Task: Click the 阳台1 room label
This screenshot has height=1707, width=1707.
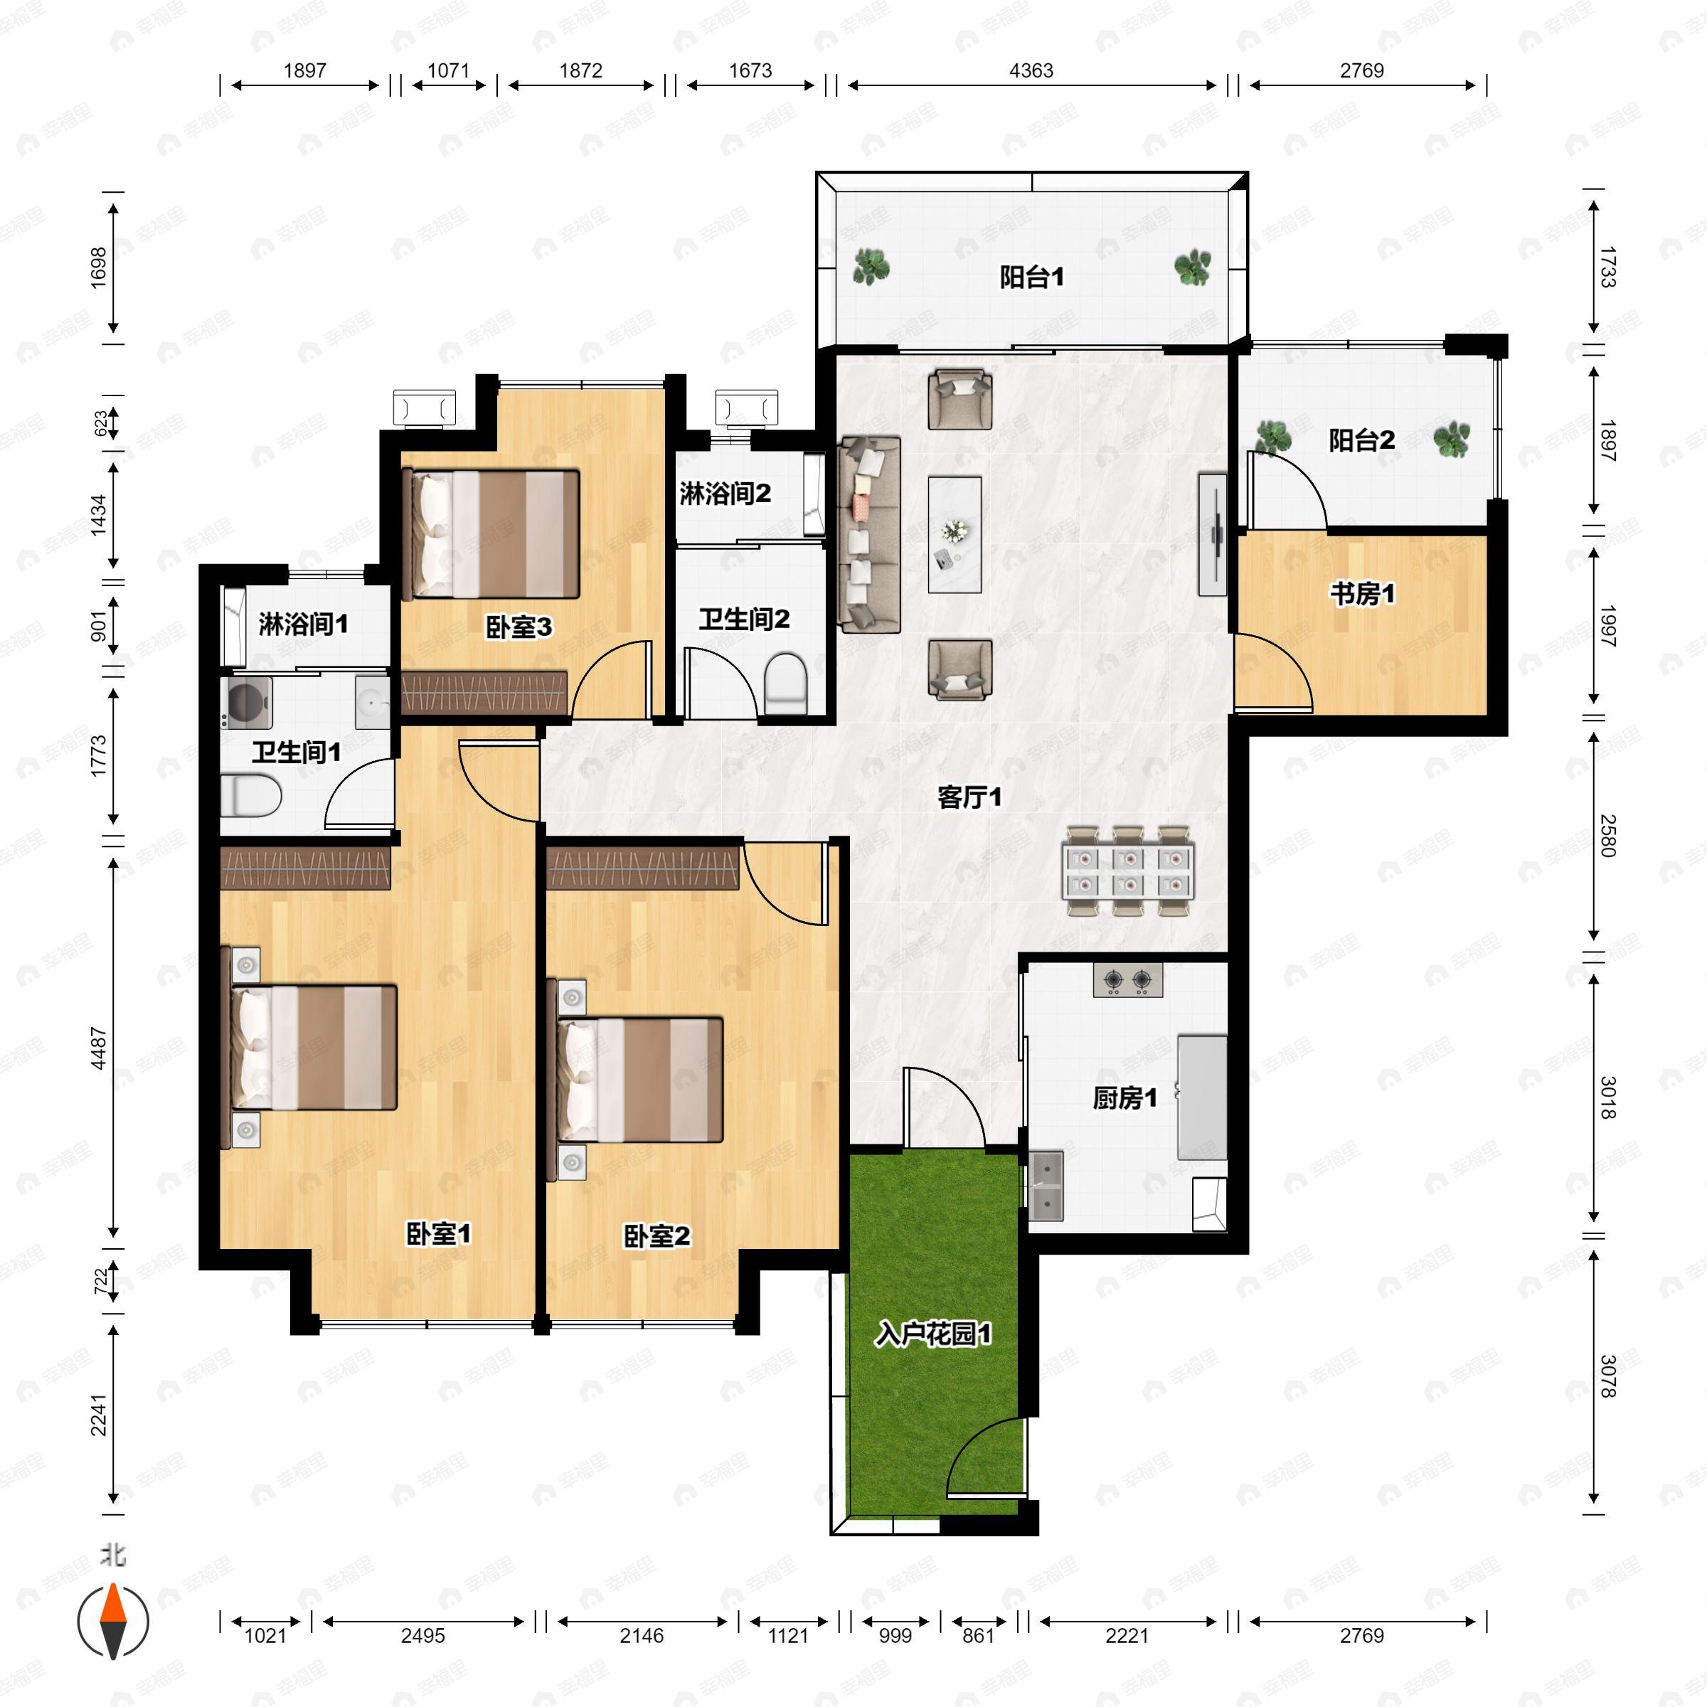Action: (1031, 277)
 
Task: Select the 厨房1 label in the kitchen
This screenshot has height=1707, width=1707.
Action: (1124, 1098)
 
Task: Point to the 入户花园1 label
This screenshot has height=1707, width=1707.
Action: (933, 1334)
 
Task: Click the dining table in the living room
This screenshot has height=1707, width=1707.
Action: (1128, 871)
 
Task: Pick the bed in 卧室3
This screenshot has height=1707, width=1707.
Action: (491, 533)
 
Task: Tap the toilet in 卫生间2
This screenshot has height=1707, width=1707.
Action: (785, 682)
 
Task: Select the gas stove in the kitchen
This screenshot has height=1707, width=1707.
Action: (1127, 980)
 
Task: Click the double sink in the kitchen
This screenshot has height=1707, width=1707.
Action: (1046, 1186)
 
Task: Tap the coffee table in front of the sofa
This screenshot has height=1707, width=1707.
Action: (954, 535)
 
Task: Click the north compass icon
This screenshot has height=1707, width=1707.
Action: (113, 1622)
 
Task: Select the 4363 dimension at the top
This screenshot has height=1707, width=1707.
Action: (1031, 70)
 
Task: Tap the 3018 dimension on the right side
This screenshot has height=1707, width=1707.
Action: (1608, 1097)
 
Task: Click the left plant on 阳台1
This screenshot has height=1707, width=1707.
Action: (871, 267)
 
